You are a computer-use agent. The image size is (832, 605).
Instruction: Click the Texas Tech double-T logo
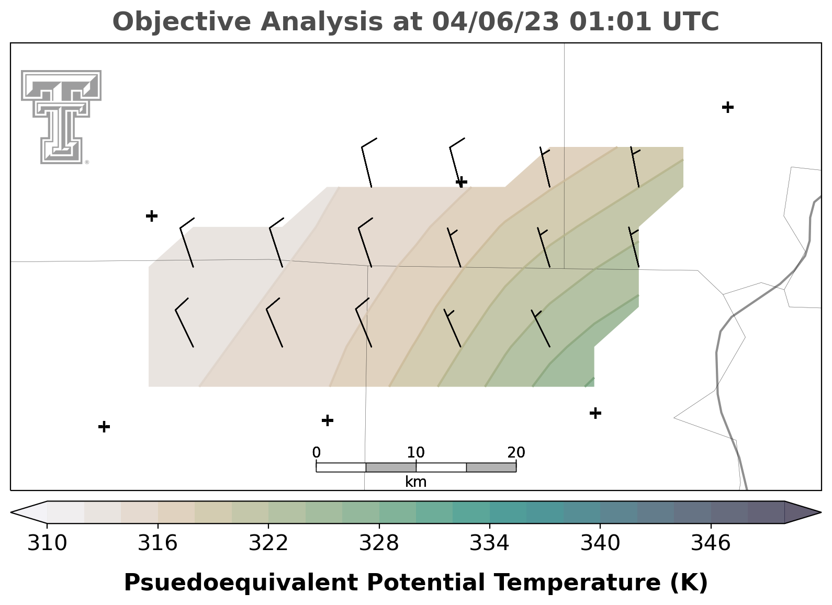coord(61,117)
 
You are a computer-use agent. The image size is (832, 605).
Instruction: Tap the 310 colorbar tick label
coord(47,543)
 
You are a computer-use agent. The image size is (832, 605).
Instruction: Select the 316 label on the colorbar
coord(158,543)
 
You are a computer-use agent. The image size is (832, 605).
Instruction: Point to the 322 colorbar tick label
coord(268,543)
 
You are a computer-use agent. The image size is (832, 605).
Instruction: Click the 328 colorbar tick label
coord(379,543)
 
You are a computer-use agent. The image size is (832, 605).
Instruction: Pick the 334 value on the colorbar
coord(490,543)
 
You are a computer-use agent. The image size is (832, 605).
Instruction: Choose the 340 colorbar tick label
coord(600,543)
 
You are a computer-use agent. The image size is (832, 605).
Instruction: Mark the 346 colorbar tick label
coord(711,543)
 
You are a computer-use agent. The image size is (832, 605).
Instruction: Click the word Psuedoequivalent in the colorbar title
coord(241,583)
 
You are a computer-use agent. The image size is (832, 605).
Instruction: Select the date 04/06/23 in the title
coord(496,21)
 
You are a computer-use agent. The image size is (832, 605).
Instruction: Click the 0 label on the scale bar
coord(317,452)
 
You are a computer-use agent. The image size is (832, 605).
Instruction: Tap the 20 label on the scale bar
coord(516,452)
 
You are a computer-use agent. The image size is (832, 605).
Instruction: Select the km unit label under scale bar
coord(415,482)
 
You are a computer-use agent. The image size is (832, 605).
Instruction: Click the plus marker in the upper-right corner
coord(728,107)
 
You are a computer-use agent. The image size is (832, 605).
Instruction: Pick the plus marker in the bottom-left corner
coord(104,427)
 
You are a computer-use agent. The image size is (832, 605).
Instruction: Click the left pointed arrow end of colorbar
coord(29,512)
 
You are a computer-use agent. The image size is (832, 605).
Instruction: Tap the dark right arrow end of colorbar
coord(803,512)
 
